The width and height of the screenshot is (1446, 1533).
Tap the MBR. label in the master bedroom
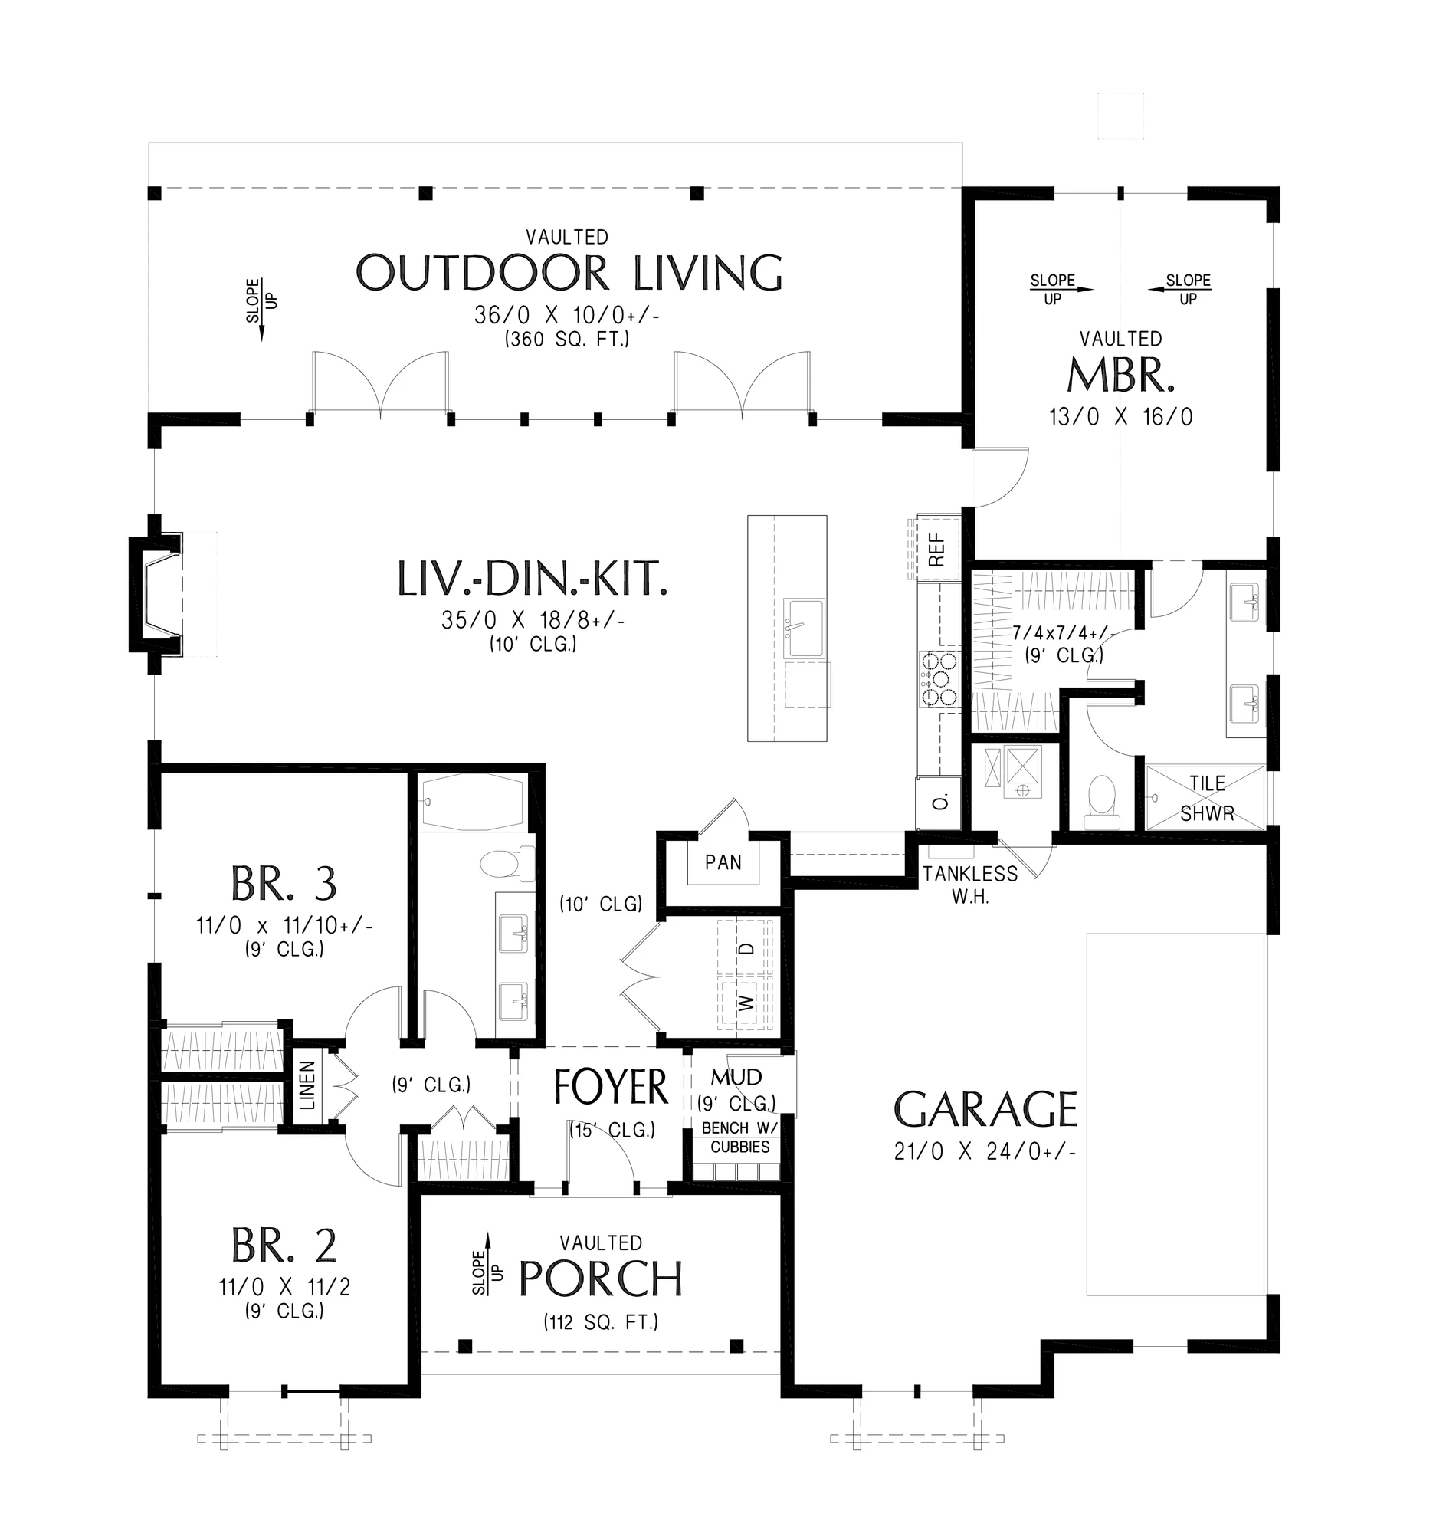pos(1121,375)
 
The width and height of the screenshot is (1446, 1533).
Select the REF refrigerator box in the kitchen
pos(936,548)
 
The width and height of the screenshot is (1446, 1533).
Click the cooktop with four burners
pos(938,678)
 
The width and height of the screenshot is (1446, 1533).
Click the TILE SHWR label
pos(1207,798)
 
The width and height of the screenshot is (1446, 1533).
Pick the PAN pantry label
pos(723,862)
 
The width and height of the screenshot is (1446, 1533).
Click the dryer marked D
pos(745,947)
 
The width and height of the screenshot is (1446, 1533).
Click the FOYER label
pos(612,1088)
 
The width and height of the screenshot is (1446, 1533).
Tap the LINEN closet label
pos(307,1085)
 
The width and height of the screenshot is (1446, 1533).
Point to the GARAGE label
pos(985,1109)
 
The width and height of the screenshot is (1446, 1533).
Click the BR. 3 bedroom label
pos(284,884)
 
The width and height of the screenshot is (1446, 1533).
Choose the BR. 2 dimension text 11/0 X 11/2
pos(284,1287)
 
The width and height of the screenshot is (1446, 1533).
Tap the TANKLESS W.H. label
pos(970,885)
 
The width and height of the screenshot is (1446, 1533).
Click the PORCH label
pos(601,1279)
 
